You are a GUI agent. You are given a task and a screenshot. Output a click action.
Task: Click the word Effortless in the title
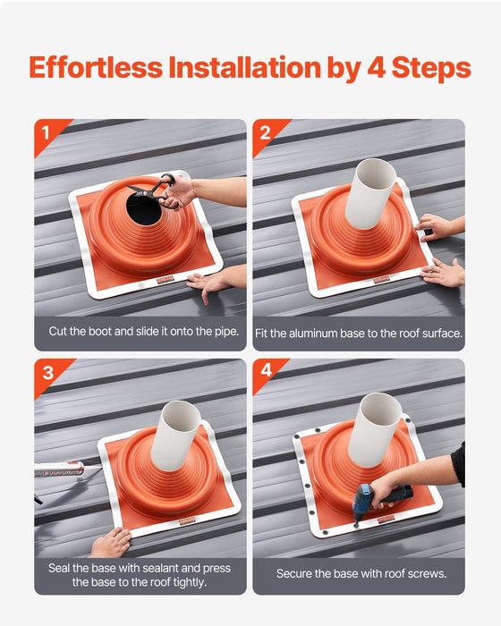98,68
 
